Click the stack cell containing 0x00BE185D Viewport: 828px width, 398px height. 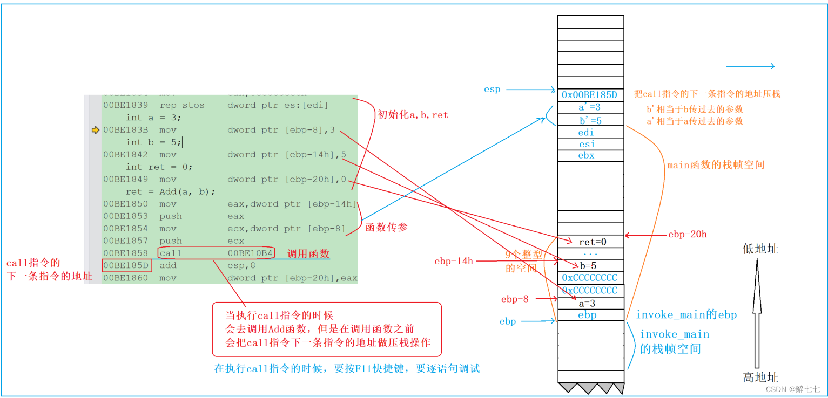click(x=590, y=95)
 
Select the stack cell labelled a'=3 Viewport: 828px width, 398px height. click(x=590, y=107)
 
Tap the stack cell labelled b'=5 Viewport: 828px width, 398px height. click(x=590, y=120)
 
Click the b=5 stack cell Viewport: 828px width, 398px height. click(x=591, y=265)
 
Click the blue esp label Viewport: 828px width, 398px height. click(x=492, y=90)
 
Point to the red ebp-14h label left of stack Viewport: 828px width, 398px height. click(x=454, y=261)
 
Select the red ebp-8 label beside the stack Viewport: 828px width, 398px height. click(x=515, y=299)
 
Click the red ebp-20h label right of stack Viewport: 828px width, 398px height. click(x=687, y=235)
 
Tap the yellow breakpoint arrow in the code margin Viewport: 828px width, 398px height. click(x=96, y=130)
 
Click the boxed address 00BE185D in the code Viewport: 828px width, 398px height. click(x=127, y=265)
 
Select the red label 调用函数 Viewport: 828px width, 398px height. click(x=308, y=253)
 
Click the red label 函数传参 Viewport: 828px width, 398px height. click(x=387, y=227)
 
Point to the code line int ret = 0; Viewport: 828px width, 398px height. click(x=159, y=167)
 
